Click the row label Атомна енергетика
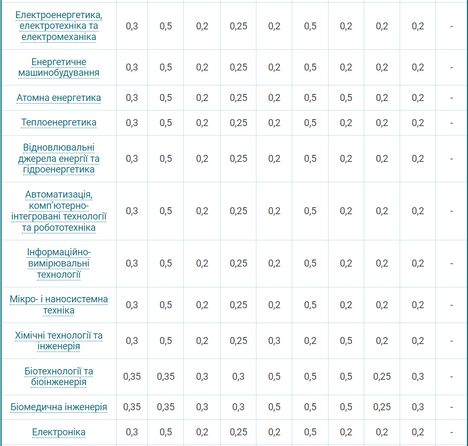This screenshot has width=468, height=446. (x=59, y=98)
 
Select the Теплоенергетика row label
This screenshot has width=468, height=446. (x=59, y=122)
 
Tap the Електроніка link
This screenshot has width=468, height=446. (x=59, y=432)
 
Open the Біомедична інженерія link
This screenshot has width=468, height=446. (x=59, y=407)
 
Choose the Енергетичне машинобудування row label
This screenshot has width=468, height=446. (x=59, y=67)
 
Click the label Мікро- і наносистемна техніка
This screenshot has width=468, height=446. (x=59, y=305)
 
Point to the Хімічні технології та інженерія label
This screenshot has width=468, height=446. (x=59, y=341)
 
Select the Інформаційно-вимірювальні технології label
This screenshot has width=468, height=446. (x=59, y=263)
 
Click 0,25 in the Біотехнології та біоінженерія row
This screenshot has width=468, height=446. (x=382, y=377)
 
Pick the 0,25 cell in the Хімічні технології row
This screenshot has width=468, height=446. (x=238, y=341)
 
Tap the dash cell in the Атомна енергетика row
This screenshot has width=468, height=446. (x=451, y=98)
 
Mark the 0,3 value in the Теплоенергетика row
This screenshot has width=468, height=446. (x=132, y=122)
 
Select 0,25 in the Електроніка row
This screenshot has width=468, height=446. (x=238, y=432)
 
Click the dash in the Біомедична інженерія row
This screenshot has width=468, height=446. (x=451, y=407)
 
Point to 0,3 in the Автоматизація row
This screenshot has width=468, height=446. (x=132, y=211)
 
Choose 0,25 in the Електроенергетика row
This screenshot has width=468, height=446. (x=238, y=26)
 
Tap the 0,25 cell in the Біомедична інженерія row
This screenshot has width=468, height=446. (x=382, y=407)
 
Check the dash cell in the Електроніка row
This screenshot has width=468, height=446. (x=451, y=432)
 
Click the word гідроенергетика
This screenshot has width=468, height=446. (x=59, y=169)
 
